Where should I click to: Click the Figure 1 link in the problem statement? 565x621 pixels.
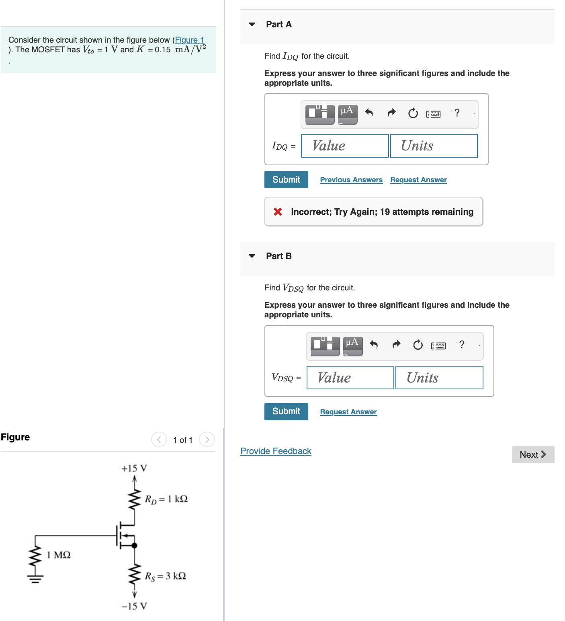tap(189, 40)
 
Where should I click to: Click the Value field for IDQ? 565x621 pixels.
tap(345, 146)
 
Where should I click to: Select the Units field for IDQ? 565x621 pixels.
tap(434, 146)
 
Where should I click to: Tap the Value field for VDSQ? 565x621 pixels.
tap(350, 378)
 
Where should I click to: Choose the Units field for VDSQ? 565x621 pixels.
tap(439, 378)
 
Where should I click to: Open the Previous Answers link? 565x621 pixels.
tap(351, 180)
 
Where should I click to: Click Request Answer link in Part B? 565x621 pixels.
tap(348, 412)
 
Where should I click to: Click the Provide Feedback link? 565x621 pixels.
tap(276, 451)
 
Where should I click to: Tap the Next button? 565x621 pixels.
tap(532, 454)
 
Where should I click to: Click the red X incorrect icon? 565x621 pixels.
tap(278, 212)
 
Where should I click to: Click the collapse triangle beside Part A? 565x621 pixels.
tap(252, 25)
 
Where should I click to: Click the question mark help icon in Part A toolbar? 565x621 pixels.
tap(457, 113)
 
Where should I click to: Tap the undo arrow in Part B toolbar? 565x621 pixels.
tap(374, 345)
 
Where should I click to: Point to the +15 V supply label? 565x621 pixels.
tap(134, 469)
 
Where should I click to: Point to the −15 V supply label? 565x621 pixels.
tap(134, 606)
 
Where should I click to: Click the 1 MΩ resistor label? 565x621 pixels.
tap(59, 555)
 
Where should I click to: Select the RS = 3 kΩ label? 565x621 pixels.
tap(165, 576)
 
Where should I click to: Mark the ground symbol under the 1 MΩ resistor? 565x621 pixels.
tap(35, 579)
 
